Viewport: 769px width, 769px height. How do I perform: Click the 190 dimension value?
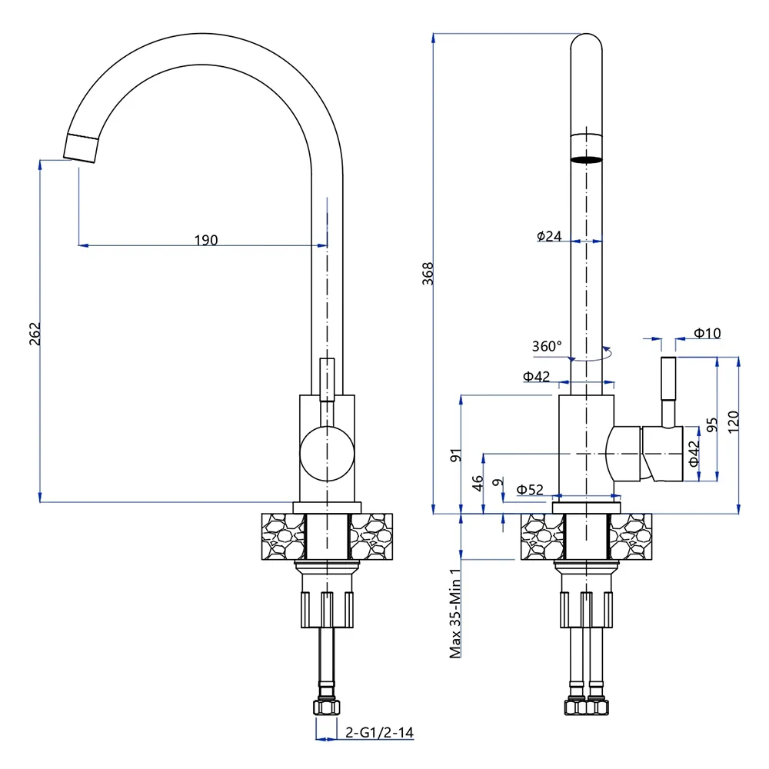[205, 240]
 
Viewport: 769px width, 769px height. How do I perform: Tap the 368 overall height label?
[428, 274]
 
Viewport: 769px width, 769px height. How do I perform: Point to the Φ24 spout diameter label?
[550, 236]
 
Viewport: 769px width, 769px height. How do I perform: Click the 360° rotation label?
[547, 346]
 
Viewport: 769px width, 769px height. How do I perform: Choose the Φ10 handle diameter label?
[707, 333]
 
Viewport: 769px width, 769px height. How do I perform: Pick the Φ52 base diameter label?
[530, 489]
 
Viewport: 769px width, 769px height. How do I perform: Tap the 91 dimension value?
[456, 454]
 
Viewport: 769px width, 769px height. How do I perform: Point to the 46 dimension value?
[478, 483]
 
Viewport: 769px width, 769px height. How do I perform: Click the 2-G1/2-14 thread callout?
[379, 732]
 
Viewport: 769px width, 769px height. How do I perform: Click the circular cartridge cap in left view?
[326, 454]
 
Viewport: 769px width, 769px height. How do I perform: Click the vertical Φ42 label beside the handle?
[694, 454]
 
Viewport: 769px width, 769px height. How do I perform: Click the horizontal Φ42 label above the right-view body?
[537, 377]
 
